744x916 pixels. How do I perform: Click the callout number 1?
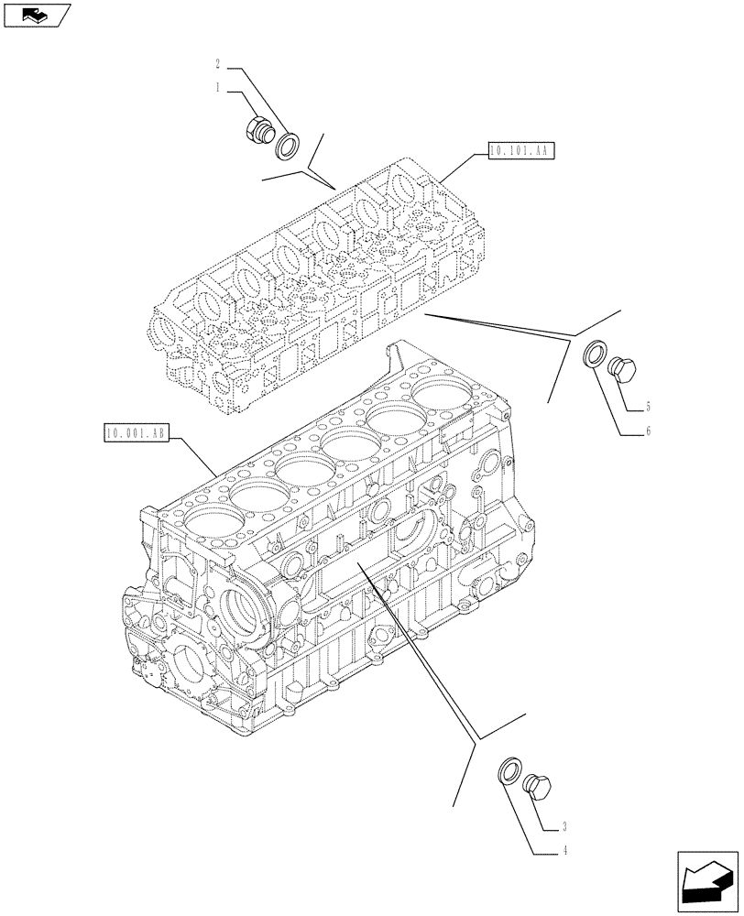pos(217,88)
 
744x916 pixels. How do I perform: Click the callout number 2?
pos(217,65)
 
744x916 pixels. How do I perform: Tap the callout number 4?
pos(566,851)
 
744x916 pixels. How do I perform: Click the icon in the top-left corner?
pos(35,15)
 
